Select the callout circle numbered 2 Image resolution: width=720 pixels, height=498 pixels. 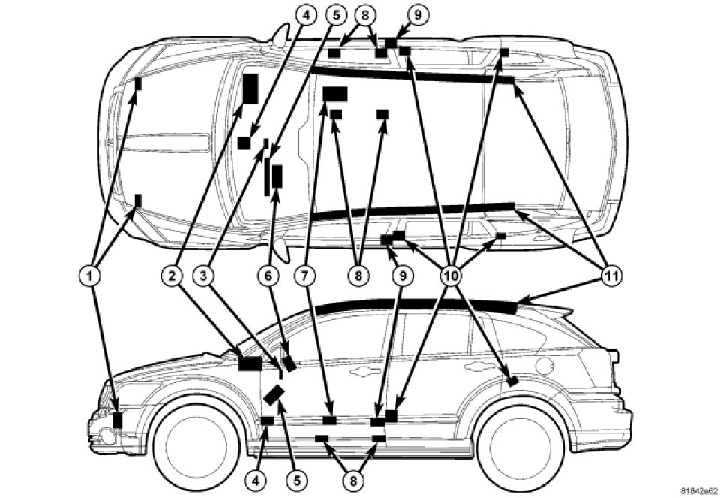[172, 276]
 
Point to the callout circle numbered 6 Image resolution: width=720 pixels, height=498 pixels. [266, 276]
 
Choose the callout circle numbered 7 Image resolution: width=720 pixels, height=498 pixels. [306, 276]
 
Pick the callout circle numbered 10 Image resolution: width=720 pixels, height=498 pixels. [451, 276]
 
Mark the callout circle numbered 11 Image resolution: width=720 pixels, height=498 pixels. [613, 276]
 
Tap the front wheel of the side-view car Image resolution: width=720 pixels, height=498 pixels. [190, 444]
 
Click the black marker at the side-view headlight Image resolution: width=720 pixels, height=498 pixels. [117, 420]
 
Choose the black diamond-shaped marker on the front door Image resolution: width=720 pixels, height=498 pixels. [274, 394]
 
